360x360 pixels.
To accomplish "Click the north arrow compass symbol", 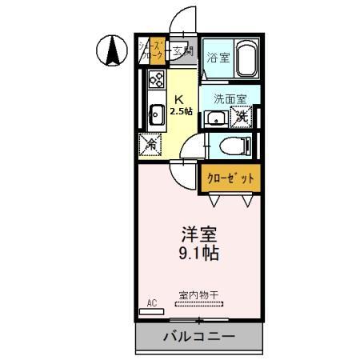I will click(x=113, y=52).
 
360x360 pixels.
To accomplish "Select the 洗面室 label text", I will click(x=230, y=100).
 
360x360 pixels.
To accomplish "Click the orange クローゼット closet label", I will click(x=230, y=179).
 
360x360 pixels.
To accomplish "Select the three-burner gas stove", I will click(x=155, y=80).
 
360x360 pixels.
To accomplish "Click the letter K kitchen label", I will click(x=179, y=100).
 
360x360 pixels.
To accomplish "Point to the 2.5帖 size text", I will click(x=181, y=112).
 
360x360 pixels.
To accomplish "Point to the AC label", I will click(x=152, y=303).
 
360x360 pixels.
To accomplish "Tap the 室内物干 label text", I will click(x=196, y=294).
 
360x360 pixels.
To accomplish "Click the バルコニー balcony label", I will click(x=200, y=336).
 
